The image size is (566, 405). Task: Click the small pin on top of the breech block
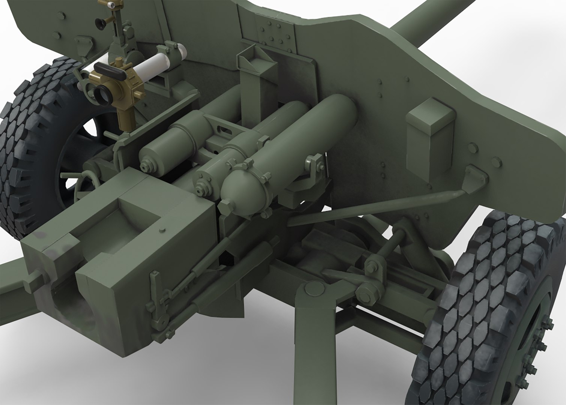(162, 229)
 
